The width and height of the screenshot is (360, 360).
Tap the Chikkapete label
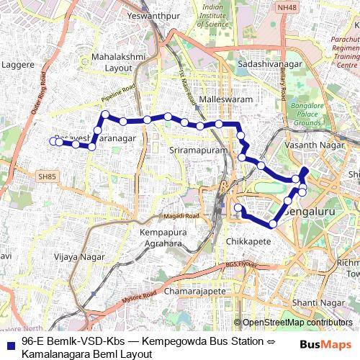tap(248, 241)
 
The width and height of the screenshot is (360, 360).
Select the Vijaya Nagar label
tap(80, 256)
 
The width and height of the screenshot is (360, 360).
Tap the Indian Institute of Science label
tap(213, 15)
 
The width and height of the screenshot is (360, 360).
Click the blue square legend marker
tap(9, 343)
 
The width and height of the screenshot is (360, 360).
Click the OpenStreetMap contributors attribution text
tap(296, 323)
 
